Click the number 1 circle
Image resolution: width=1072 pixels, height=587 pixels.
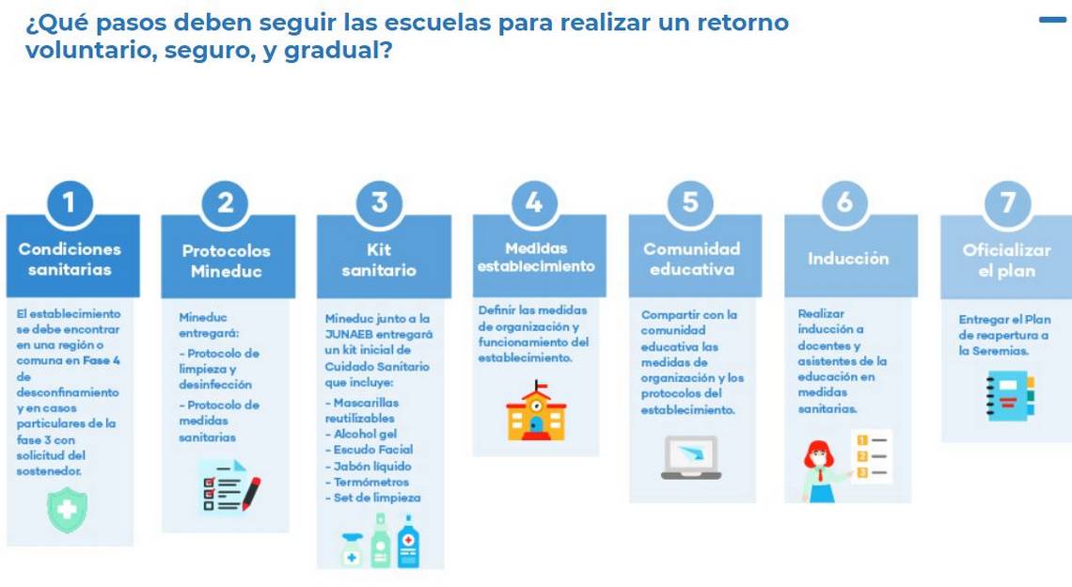(x=69, y=202)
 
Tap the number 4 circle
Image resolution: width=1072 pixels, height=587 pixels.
(x=535, y=202)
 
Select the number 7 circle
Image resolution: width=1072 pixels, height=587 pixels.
(x=1008, y=202)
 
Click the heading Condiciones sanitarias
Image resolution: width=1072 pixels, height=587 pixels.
(x=70, y=260)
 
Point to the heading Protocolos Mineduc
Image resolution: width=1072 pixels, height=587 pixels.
(x=227, y=261)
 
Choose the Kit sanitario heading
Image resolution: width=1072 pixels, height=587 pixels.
(x=380, y=260)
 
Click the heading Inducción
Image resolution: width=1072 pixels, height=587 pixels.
(x=848, y=259)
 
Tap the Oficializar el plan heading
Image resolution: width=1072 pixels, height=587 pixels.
(x=1007, y=260)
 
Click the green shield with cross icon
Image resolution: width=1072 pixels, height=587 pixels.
(x=67, y=509)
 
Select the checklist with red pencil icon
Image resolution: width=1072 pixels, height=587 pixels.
(x=229, y=486)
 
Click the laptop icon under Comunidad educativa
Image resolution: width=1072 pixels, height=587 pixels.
(x=691, y=457)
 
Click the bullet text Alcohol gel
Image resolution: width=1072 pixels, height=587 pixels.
(x=365, y=434)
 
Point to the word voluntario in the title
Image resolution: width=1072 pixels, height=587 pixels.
(x=89, y=50)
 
